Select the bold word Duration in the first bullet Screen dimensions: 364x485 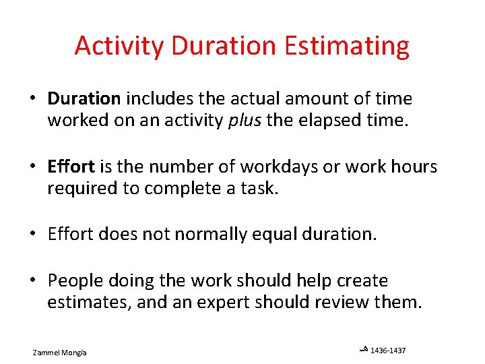[84, 99]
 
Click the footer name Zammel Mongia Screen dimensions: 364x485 [64, 353]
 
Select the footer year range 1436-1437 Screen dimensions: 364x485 [388, 350]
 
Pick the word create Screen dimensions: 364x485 [362, 280]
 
